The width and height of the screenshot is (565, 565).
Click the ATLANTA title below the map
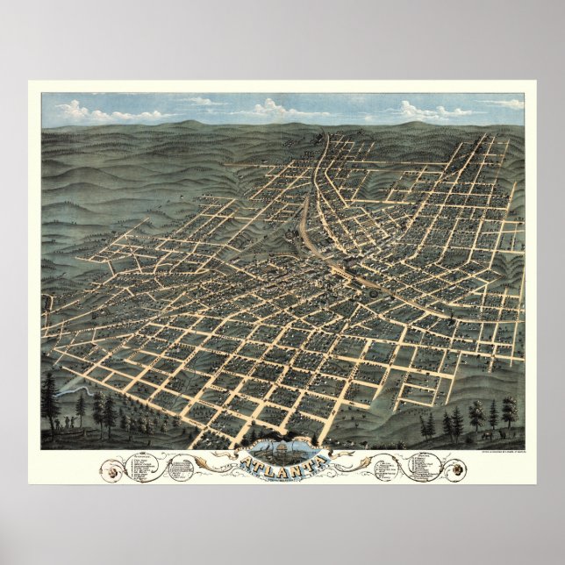pos(282,461)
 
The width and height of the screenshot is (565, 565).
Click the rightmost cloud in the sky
pos(509,104)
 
